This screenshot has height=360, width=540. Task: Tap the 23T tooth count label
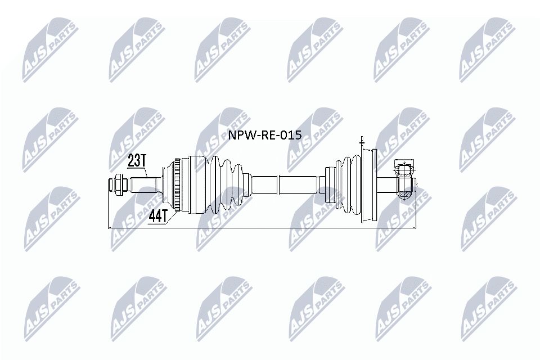tap(137, 161)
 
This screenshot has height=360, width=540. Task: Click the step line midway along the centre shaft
tap(279, 184)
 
